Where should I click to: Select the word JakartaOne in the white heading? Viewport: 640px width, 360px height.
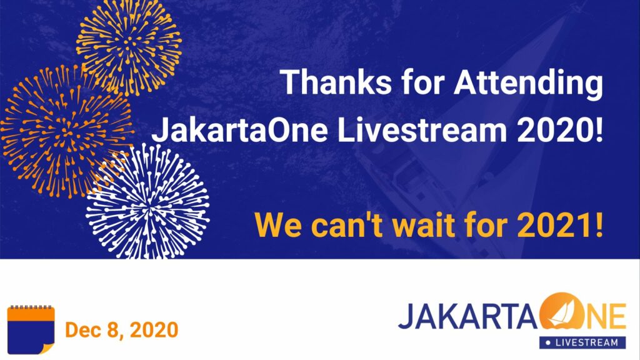239,131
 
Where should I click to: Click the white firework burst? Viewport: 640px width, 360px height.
147,202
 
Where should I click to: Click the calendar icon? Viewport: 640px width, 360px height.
31,329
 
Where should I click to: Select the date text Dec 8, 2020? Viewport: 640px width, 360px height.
122,330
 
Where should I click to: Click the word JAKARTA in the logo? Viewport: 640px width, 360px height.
467,316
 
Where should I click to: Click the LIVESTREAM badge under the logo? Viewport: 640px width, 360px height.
582,342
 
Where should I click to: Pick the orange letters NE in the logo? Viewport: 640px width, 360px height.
606,316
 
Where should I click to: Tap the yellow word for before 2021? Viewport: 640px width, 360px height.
487,224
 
